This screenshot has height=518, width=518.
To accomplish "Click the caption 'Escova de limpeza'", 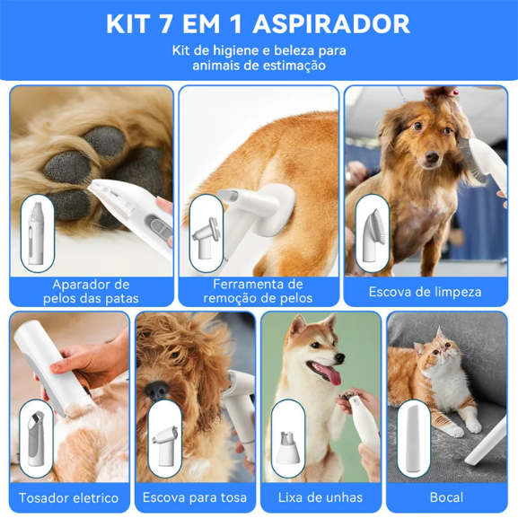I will (x=425, y=292).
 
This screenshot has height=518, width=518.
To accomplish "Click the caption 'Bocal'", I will (x=446, y=497).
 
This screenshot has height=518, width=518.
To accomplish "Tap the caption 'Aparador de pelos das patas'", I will (x=92, y=291).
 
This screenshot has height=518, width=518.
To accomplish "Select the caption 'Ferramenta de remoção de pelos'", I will (x=259, y=291).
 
